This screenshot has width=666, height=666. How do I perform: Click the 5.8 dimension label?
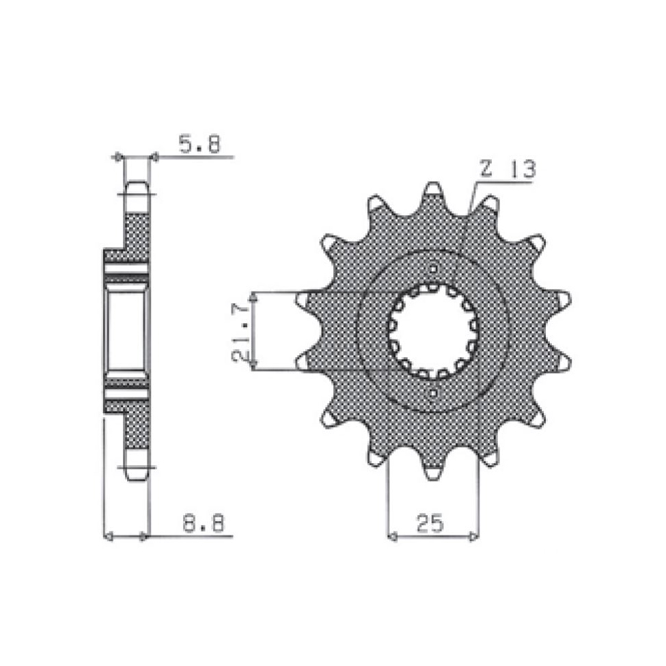click(x=199, y=143)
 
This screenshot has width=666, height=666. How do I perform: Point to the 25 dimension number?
click(x=430, y=523)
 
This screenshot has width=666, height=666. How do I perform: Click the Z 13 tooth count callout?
click(x=508, y=169)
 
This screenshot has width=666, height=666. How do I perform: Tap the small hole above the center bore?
click(x=433, y=269)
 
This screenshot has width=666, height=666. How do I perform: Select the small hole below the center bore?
click(x=433, y=393)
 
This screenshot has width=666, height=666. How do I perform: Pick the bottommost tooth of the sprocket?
click(x=433, y=467)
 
